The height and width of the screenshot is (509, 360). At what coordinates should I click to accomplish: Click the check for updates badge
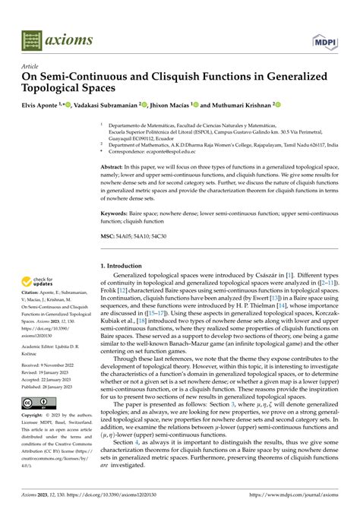tap(38, 283)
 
